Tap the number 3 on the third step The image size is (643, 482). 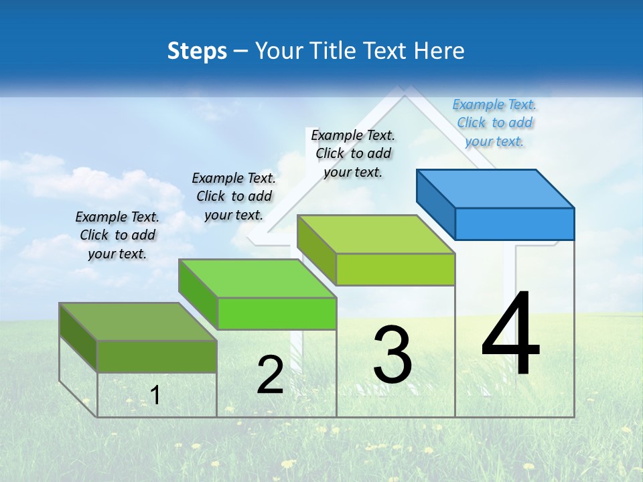click(392, 355)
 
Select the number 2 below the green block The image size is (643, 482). click(270, 375)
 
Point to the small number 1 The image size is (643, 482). click(155, 396)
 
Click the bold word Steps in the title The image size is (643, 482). click(197, 51)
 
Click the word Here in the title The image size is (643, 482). click(439, 51)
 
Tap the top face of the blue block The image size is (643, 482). click(496, 188)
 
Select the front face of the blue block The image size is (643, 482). click(514, 224)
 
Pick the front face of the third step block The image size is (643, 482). click(395, 269)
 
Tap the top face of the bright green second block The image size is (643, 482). click(257, 278)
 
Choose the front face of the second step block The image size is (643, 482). click(277, 313)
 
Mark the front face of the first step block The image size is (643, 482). click(157, 356)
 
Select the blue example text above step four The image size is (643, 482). click(494, 123)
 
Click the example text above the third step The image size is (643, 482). click(353, 153)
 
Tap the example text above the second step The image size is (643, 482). click(234, 196)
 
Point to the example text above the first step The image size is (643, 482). click(117, 235)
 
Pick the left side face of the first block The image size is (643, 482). click(78, 337)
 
